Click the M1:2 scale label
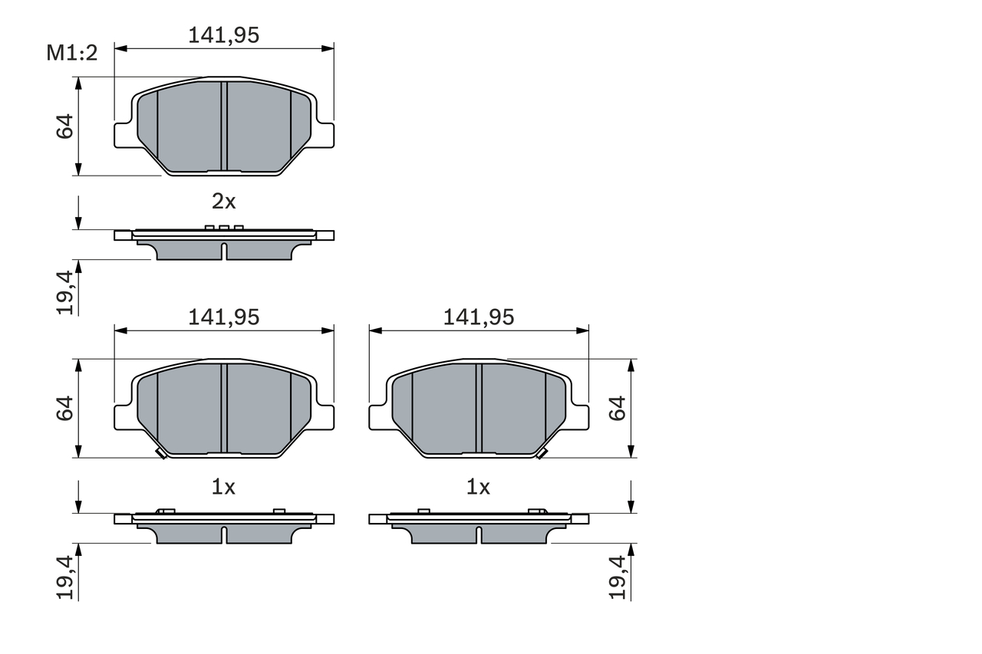click(72, 53)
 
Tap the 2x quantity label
click(223, 202)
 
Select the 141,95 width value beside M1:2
click(224, 35)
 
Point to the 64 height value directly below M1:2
click(65, 127)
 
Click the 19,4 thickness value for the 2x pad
click(65, 292)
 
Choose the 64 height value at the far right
click(618, 409)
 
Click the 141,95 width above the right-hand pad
click(479, 317)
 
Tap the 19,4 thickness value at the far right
click(618, 577)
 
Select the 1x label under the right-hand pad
click(479, 487)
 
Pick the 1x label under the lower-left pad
click(223, 487)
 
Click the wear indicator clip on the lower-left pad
click(161, 454)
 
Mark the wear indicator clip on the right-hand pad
click(541, 454)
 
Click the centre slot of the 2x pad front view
click(224, 127)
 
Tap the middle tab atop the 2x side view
click(223, 228)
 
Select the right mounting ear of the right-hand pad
click(579, 417)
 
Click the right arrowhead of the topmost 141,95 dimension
click(329, 48)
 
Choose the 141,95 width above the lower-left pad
click(224, 317)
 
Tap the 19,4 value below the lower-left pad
click(65, 577)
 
